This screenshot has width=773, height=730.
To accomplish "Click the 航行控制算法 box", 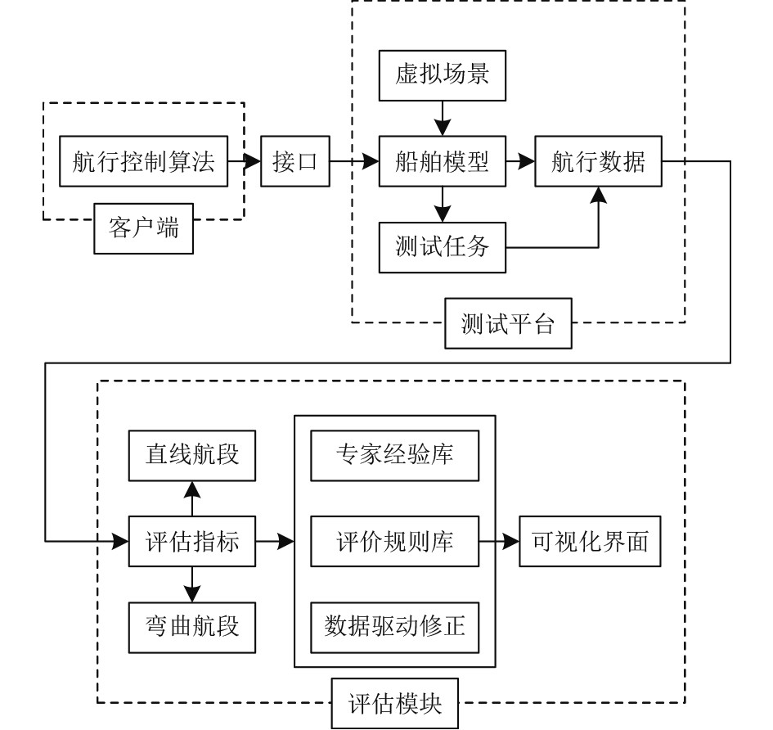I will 144,162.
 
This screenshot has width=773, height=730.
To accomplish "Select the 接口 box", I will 294,162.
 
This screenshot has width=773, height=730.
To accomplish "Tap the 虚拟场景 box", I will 443,78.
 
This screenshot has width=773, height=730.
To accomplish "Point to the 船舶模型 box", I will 443,162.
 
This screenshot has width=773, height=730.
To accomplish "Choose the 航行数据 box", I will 598,162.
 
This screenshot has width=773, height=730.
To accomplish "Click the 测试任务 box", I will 443,246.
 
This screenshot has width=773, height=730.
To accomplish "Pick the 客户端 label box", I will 143,228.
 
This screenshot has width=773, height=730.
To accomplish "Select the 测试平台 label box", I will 507,325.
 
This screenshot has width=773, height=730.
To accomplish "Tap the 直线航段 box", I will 191,454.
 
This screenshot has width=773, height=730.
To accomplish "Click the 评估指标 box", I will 191,540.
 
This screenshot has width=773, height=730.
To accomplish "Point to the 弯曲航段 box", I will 191,626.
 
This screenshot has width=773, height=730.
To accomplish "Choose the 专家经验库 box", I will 395,454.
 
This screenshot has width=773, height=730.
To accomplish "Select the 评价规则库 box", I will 395,540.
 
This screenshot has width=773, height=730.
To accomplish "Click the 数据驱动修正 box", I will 395,626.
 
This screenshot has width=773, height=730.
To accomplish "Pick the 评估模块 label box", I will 394,702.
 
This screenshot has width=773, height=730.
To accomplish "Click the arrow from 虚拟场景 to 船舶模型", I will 443,119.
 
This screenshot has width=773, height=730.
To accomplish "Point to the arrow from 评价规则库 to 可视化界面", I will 499,540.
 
